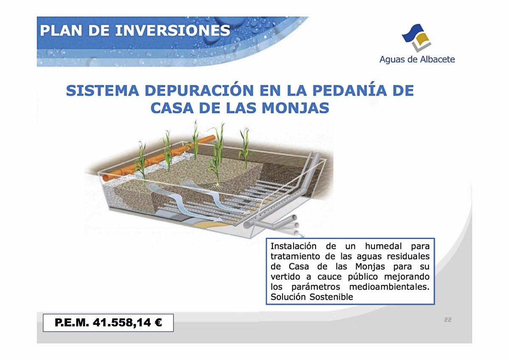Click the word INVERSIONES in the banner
coord(173,31)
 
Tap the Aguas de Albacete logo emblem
coord(417,38)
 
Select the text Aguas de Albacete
coord(417,59)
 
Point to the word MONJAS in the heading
coord(295,108)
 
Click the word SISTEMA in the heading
coord(103,90)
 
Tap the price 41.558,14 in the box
coord(122,323)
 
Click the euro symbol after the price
coord(158,323)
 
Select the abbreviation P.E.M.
coord(72,323)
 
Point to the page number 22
coord(447,320)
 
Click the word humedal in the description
coord(383,246)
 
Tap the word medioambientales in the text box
coord(389,287)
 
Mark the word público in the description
coord(363,277)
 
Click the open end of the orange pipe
coord(106,178)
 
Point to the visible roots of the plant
coord(217,187)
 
